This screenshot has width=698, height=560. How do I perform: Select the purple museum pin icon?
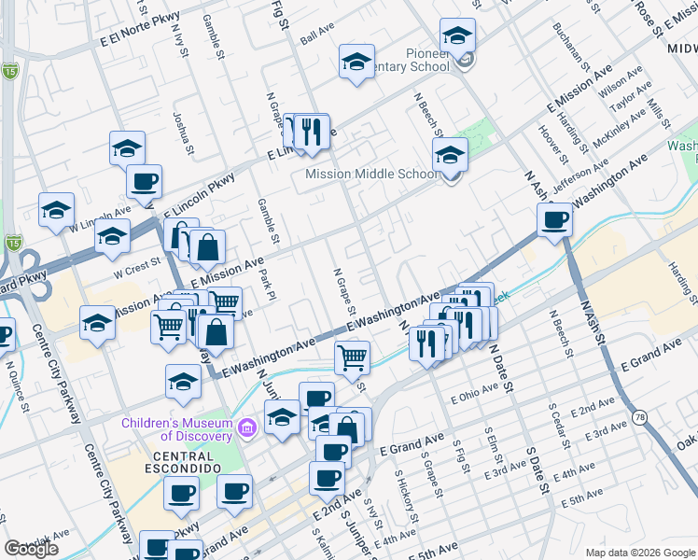coord(247,429)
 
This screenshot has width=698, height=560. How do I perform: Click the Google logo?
coord(31,549)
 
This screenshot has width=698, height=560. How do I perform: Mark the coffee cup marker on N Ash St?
coord(554,220)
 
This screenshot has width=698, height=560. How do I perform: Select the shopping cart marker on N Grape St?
coord(352,357)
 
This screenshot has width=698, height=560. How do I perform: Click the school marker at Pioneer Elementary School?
coord(456,35)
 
